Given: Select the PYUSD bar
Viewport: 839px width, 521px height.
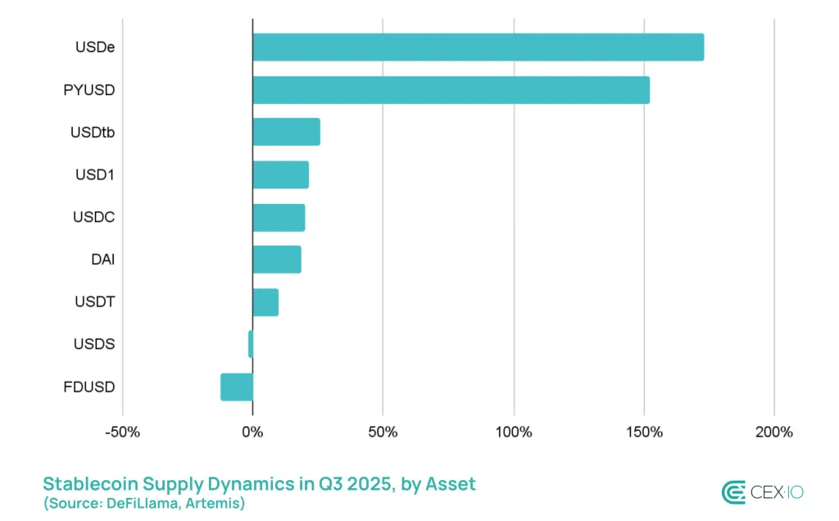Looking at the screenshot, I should (451, 90).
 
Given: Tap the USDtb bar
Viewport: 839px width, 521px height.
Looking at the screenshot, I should (286, 132).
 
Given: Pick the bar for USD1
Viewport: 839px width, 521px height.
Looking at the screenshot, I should (280, 174).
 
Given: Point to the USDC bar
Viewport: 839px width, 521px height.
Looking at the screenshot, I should (279, 217).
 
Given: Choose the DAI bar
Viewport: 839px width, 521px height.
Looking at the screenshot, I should (277, 260).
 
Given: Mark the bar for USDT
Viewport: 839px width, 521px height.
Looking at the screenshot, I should (265, 302).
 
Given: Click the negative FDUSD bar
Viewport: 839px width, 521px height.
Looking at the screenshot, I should (237, 387).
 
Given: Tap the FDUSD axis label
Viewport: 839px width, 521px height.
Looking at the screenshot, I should (89, 387).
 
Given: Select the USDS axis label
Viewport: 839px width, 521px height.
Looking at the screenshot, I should (94, 344).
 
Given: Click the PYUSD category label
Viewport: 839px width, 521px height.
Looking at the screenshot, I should (89, 90).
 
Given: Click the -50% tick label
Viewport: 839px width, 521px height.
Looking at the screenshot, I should (122, 432).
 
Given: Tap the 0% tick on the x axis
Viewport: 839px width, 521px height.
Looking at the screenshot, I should (252, 432).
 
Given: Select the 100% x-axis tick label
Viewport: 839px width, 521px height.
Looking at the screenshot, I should (514, 432).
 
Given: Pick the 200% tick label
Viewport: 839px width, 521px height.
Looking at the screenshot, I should (774, 432).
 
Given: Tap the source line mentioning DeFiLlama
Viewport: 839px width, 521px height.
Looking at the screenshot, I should (144, 502).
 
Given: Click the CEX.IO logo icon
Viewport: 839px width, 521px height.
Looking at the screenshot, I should (734, 492).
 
